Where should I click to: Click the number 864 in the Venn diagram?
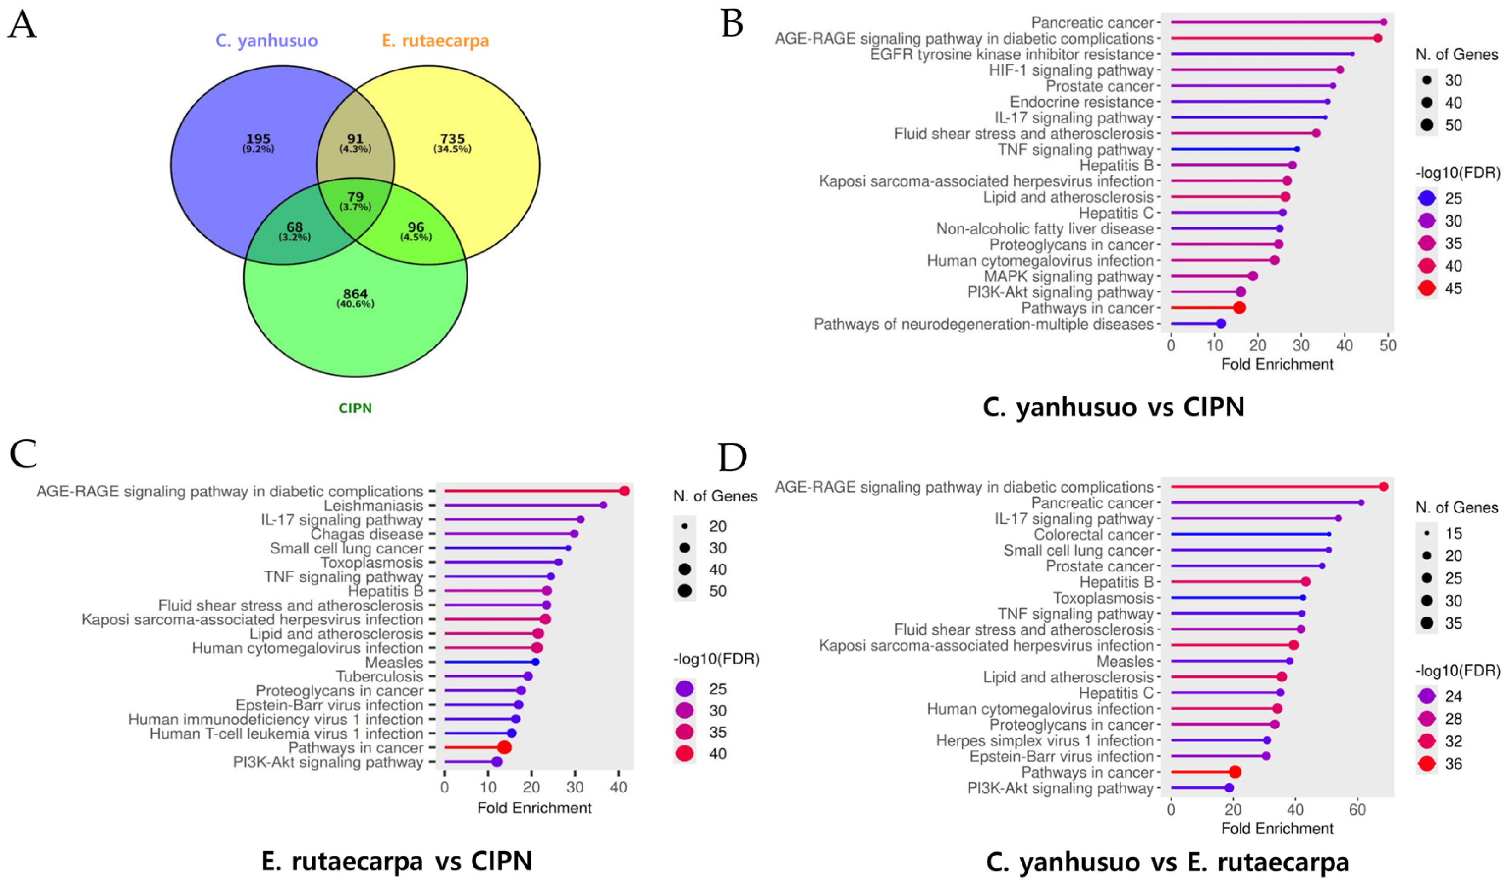point(355,294)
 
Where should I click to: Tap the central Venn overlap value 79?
point(355,197)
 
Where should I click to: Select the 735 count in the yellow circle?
point(452,139)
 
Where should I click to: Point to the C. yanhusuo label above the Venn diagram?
point(267,41)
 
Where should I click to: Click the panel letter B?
point(733,24)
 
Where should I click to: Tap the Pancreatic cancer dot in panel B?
point(1383,22)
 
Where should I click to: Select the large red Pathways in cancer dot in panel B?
point(1239,308)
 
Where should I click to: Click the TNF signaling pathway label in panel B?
point(1075,150)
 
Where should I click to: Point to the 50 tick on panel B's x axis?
point(1388,346)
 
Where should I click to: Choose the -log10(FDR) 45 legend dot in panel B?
point(1427,288)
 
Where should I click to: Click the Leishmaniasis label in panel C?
point(373,506)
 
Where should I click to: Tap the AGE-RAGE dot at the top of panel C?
point(624,491)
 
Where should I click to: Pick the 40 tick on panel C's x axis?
point(619,787)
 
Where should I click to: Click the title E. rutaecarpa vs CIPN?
point(397,862)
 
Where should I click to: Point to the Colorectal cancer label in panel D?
point(1093,534)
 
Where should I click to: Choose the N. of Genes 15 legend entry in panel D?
point(1427,533)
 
